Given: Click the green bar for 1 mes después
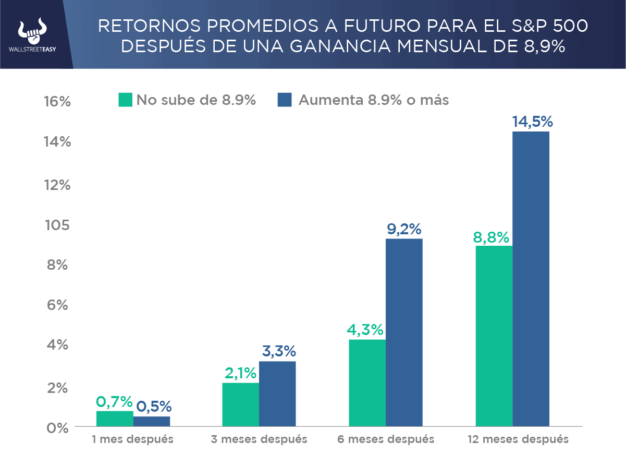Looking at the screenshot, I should (x=115, y=418).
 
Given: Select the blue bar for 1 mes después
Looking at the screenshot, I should (x=152, y=421).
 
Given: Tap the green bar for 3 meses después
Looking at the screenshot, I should (x=240, y=404).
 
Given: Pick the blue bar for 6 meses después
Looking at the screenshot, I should (x=404, y=332).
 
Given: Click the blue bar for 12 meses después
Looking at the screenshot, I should (x=531, y=279).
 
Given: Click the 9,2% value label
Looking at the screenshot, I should (x=404, y=230).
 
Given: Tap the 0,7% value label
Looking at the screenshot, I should (x=115, y=402).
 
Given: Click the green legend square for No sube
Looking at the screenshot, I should (x=126, y=100).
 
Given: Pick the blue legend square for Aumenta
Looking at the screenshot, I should (x=285, y=100).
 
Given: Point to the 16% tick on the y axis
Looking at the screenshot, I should (x=57, y=102).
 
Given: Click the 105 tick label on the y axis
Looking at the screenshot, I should (x=57, y=225).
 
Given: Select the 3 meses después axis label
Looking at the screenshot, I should (x=259, y=439).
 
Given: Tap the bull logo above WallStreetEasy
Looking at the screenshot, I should (x=33, y=32).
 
